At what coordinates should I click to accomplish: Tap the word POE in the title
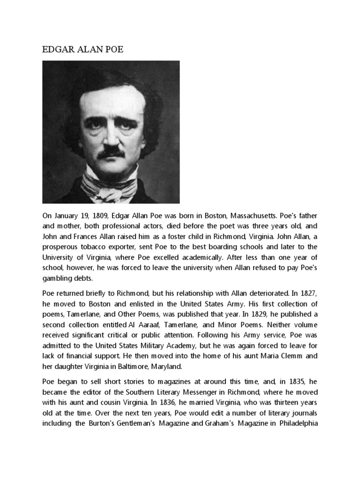click(x=113, y=49)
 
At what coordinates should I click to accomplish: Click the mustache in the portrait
click(x=112, y=152)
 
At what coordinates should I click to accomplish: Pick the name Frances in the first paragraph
click(x=91, y=236)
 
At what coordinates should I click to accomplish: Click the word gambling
click(x=57, y=277)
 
